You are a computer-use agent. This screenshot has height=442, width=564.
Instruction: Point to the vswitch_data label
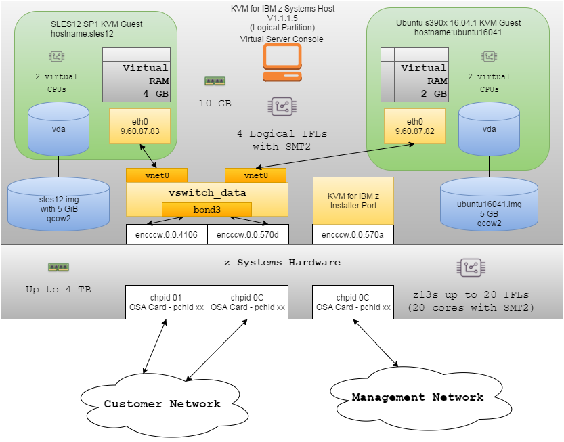point(207,192)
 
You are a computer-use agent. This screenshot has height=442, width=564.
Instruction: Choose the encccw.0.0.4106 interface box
point(167,234)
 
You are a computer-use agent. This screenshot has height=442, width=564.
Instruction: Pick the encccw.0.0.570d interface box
point(248,234)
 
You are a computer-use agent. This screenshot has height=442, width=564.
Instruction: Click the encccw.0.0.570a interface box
point(353,234)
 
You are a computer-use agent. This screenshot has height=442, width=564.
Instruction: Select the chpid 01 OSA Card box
point(166,302)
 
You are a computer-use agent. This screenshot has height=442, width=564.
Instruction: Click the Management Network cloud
point(417,397)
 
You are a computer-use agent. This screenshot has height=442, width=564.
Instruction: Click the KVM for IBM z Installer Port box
point(353,200)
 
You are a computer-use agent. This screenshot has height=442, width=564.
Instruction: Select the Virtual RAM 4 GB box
point(136,74)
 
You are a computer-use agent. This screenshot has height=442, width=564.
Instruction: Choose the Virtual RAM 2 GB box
point(414,74)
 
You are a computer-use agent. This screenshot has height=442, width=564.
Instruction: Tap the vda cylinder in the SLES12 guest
point(58,129)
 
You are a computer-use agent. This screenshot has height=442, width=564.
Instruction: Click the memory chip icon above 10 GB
point(215,81)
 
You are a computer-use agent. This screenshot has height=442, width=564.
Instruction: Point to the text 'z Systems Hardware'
point(282,262)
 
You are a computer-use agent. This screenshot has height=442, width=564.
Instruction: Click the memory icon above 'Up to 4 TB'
point(59,267)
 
